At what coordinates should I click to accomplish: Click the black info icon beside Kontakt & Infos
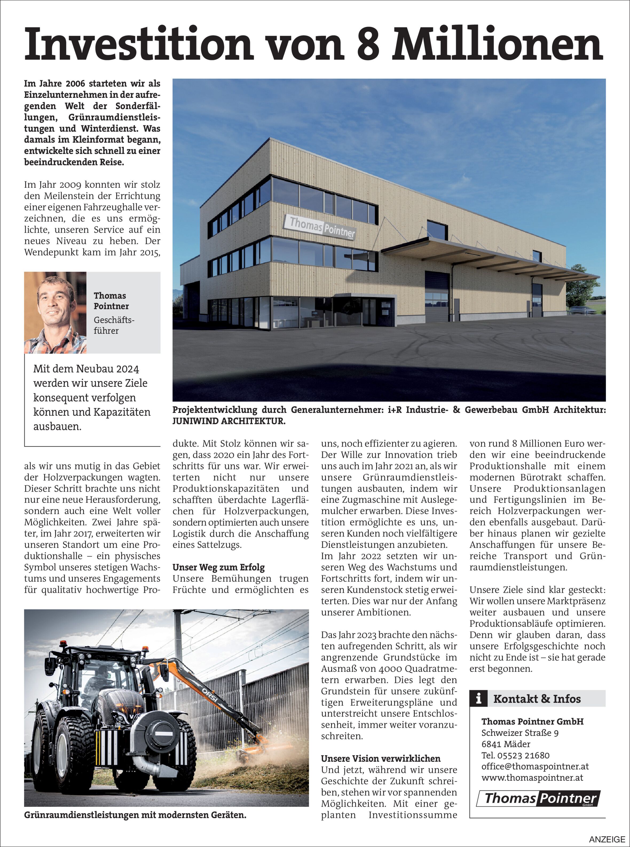[479, 699]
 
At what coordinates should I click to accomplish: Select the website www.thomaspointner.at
[532, 778]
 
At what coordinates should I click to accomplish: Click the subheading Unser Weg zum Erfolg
[219, 567]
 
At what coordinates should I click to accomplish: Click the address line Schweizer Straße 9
[520, 733]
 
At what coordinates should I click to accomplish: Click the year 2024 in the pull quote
[127, 369]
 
